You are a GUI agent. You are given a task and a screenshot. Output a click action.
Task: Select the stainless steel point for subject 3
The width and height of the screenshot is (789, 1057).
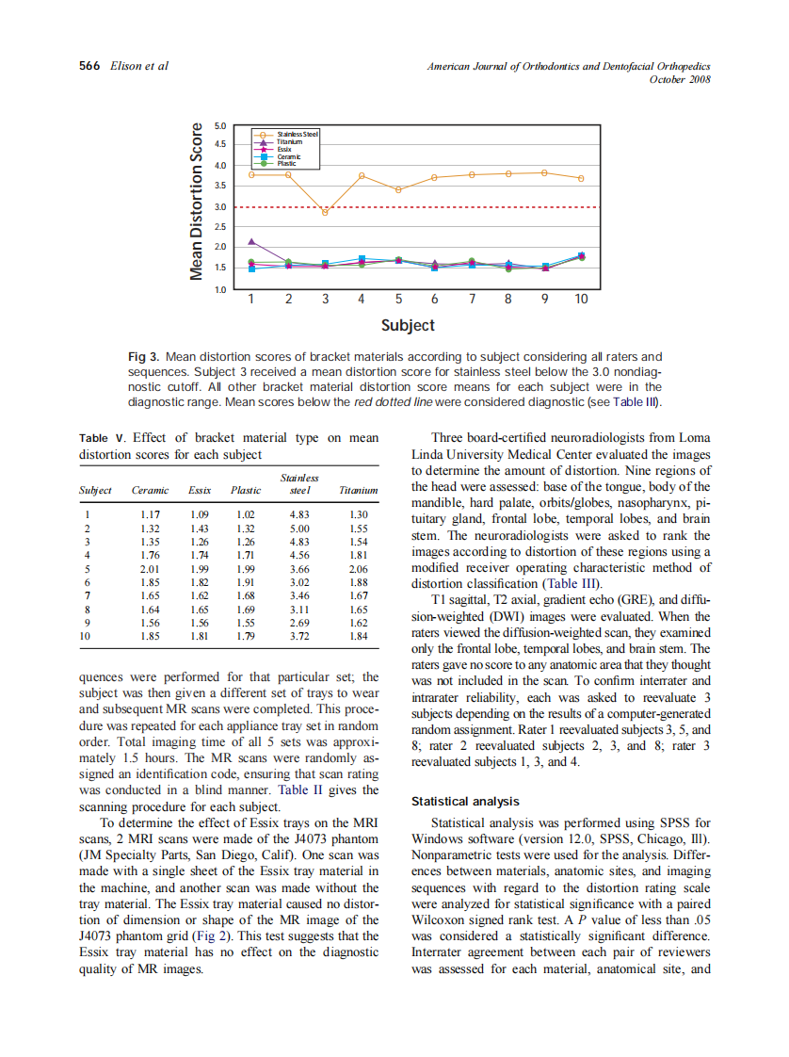(x=325, y=212)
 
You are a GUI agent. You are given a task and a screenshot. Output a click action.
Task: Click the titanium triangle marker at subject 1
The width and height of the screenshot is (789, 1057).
(x=251, y=242)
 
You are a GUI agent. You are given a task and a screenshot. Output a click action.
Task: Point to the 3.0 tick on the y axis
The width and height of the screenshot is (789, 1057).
(x=220, y=206)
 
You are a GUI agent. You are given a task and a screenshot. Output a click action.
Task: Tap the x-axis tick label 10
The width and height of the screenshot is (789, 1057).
(x=581, y=299)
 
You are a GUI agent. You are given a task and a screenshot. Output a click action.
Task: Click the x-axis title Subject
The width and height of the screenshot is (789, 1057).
(x=408, y=325)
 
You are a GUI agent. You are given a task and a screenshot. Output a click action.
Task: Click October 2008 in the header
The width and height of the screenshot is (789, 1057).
(x=680, y=79)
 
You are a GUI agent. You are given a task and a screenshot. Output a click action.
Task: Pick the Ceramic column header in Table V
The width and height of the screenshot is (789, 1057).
(x=150, y=490)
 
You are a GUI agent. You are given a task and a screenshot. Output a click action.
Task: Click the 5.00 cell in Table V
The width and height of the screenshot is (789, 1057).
(x=298, y=529)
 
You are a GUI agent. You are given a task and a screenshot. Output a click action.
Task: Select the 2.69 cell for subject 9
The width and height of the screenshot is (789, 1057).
(x=298, y=623)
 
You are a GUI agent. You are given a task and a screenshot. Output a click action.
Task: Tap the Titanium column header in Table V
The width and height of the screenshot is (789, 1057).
(x=358, y=490)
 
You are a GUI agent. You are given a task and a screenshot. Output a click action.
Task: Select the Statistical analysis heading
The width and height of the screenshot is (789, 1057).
(x=465, y=802)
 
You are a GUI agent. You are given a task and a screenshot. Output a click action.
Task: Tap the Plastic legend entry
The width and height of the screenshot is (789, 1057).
(x=287, y=163)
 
